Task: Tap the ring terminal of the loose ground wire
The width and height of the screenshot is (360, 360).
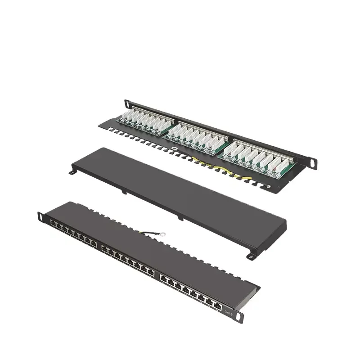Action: click(x=162, y=234)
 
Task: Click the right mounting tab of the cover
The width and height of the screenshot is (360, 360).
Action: click(x=249, y=256)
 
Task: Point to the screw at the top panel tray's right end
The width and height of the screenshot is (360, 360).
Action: click(x=269, y=186)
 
